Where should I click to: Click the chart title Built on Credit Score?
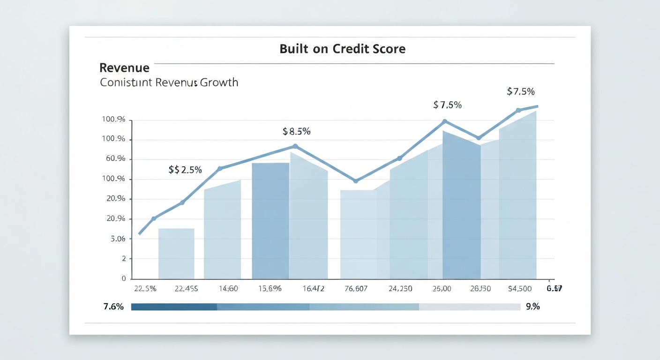tap(342, 49)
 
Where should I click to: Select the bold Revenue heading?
tap(125, 68)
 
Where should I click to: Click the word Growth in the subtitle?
tap(219, 83)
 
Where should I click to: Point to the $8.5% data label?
tap(296, 132)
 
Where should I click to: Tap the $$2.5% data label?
tap(185, 170)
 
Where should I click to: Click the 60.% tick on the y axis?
tap(116, 159)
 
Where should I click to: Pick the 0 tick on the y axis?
tap(124, 278)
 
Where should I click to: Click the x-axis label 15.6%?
tap(270, 289)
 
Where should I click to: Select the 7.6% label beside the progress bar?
tap(113, 307)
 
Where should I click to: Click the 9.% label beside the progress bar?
tap(533, 307)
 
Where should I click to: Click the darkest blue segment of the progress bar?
tap(174, 307)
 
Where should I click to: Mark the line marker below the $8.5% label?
tap(295, 146)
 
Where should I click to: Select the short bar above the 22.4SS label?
tap(176, 253)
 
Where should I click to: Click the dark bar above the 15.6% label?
tap(270, 220)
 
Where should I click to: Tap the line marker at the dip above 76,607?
tap(356, 181)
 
